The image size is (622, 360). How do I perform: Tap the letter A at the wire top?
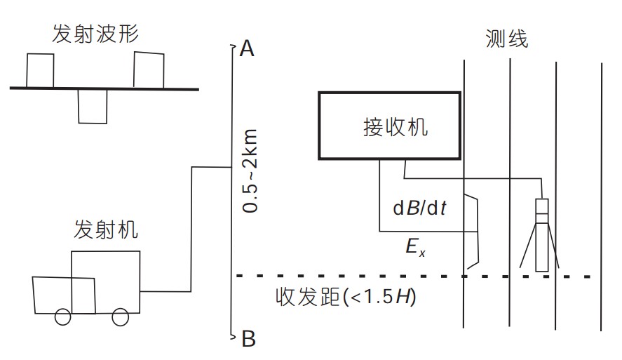point(247,48)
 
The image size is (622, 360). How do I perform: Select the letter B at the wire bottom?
point(248,340)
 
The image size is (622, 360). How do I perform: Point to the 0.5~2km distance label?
point(250,171)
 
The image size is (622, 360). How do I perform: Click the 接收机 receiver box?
point(389,126)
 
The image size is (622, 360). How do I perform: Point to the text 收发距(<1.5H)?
point(346,297)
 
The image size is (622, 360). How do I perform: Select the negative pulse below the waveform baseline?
point(91,106)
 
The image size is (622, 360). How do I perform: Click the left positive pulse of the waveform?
point(39,70)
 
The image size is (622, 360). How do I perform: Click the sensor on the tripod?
point(541,235)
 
